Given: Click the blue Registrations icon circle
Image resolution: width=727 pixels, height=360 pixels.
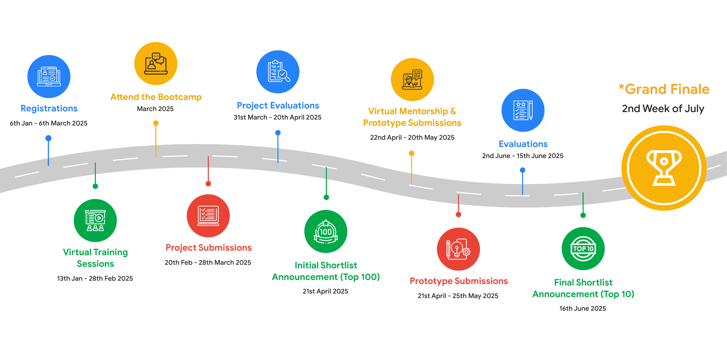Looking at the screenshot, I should [49, 76].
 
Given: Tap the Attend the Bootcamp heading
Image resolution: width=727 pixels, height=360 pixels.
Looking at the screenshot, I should [156, 97].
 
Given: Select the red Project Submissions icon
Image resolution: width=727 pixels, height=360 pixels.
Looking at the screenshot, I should [208, 216].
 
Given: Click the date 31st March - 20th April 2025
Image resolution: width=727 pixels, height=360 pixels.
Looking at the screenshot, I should [277, 117].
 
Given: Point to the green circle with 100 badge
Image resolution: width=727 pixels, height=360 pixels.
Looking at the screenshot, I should [326, 231].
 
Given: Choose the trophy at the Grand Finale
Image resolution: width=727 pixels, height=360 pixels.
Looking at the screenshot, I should [664, 168].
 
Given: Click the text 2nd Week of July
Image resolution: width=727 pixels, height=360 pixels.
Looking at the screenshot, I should [663, 109].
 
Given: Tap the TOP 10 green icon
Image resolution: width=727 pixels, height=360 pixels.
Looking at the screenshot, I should [583, 249].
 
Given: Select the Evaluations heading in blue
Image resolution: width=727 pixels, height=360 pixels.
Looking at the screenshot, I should [523, 144].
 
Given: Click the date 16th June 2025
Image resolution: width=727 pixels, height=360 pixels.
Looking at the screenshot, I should [582, 309].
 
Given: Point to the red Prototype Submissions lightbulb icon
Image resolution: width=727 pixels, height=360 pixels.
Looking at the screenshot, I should [458, 249].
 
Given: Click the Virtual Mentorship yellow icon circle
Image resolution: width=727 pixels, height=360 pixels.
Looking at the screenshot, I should [412, 79].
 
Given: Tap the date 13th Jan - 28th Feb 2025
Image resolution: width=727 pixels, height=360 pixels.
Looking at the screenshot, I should [95, 279].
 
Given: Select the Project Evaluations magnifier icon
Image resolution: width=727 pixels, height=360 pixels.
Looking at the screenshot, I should [278, 72].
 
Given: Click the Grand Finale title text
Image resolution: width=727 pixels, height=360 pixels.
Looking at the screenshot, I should [664, 89].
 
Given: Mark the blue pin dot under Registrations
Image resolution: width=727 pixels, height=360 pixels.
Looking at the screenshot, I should [48, 138].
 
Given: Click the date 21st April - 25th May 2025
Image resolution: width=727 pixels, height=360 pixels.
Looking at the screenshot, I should [458, 296].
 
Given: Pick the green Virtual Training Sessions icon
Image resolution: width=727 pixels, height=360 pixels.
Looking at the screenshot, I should [95, 220].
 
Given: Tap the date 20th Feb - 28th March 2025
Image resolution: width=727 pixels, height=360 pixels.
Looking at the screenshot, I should [208, 263].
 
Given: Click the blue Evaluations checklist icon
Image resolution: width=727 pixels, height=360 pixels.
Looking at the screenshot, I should [523, 110].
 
